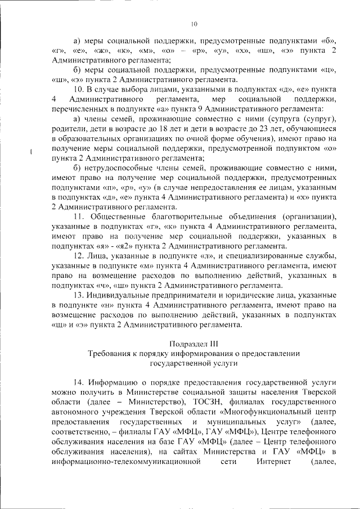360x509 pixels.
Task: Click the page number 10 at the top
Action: tap(194, 24)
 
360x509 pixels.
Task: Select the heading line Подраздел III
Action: tap(193, 343)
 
